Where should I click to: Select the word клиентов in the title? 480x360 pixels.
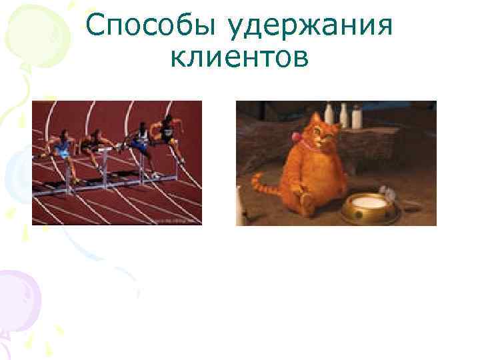(x=239, y=59)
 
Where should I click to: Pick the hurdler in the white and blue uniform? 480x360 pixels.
(x=141, y=138)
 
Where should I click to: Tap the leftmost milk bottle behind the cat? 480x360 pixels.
(x=329, y=113)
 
